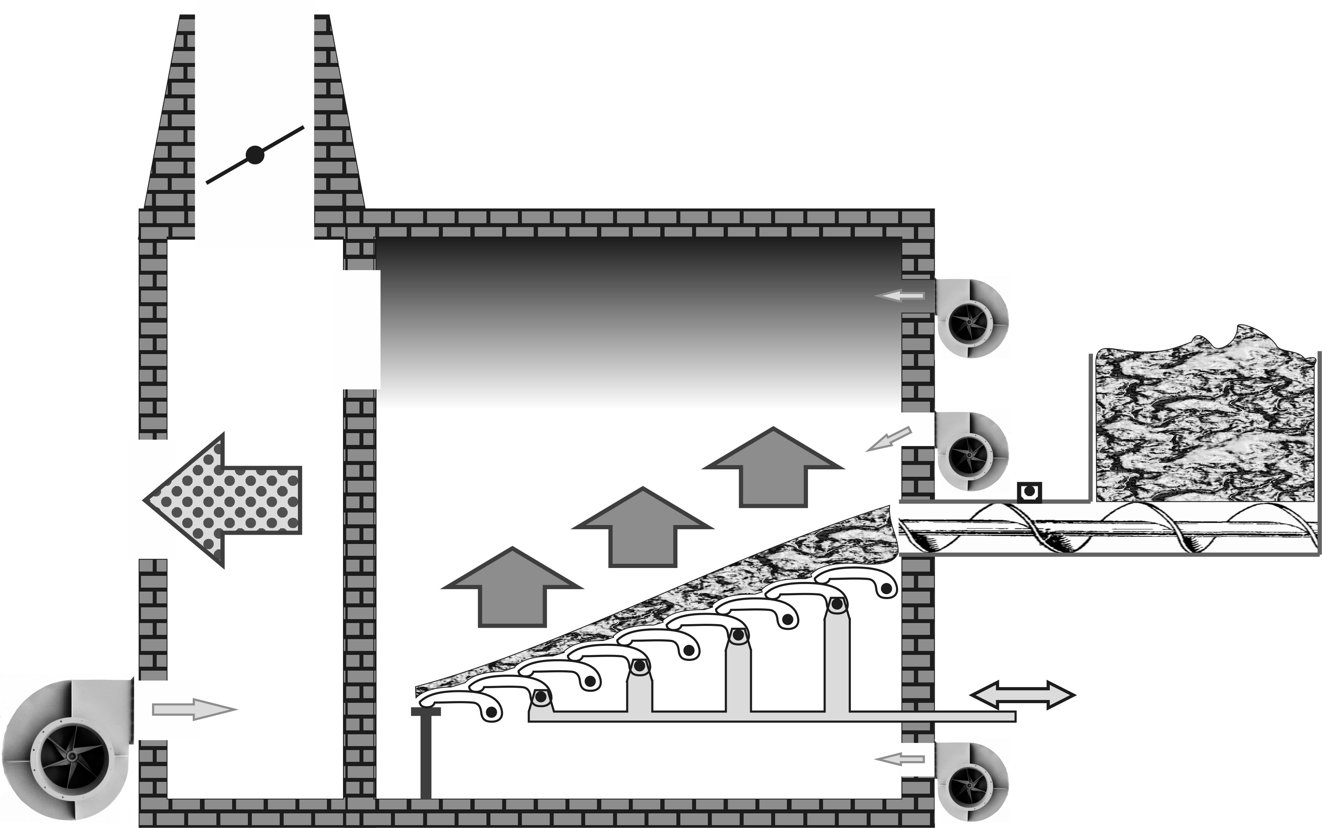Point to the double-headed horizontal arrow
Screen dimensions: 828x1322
coord(1023,695)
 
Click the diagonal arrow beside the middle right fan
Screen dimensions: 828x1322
coord(888,439)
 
